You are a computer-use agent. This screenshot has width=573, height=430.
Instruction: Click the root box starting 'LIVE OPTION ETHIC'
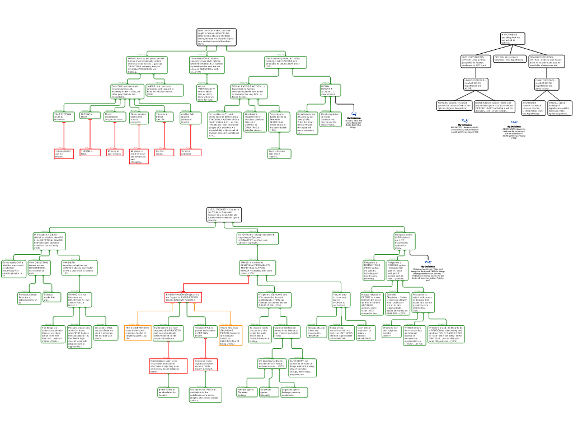tap(217, 37)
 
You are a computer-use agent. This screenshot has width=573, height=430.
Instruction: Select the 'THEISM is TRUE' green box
tap(90, 116)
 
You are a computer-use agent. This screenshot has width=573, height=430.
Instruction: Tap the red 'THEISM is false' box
tap(90, 152)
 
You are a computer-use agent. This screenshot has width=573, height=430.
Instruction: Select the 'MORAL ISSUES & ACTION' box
tap(330, 90)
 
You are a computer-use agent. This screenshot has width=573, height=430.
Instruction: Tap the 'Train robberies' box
tap(279, 153)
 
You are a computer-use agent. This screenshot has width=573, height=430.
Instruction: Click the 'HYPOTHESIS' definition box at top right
tap(513, 39)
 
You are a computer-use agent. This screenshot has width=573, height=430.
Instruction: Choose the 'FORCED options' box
tap(452, 106)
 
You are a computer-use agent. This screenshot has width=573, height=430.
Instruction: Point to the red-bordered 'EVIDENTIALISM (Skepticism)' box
tap(183, 297)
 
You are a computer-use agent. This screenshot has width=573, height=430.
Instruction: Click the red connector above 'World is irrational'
tap(191, 137)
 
